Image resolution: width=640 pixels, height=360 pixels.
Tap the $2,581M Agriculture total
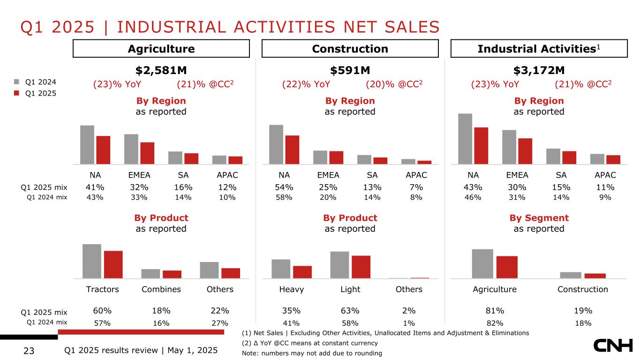coord(161,70)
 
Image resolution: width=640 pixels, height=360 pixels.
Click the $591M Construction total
coord(350,70)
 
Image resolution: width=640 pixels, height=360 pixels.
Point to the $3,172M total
coord(539,70)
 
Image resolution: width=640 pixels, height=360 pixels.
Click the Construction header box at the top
coord(350,49)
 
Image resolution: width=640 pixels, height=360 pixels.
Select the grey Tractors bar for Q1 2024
coord(91,261)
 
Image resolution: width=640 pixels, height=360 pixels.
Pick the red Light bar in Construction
coord(361,267)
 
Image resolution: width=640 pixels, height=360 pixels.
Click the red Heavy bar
coord(302,272)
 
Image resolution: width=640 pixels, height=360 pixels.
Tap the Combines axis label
coord(161,289)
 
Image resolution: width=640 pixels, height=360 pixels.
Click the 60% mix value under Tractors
coord(102,310)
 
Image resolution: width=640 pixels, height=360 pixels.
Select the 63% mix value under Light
coord(350,310)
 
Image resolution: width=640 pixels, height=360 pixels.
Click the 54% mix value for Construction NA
coord(284,187)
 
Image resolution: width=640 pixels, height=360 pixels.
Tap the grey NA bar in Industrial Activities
coord(465,139)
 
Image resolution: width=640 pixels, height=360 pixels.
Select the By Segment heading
coord(539,218)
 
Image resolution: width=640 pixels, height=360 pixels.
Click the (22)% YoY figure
coord(306,84)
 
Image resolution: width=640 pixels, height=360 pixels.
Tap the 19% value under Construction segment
coord(583,310)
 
